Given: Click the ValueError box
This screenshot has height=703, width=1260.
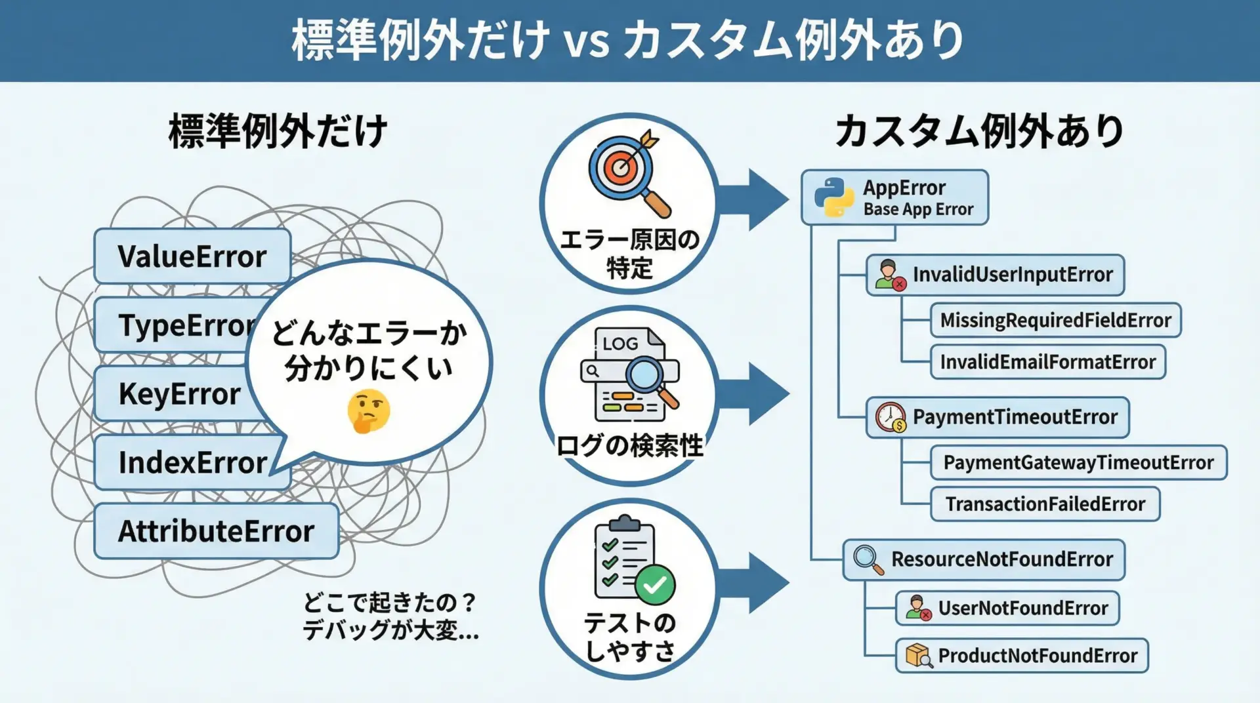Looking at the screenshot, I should tap(192, 256).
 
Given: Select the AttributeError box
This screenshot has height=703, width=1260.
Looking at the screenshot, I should tap(216, 531).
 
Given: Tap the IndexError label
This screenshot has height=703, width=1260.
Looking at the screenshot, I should tap(192, 462).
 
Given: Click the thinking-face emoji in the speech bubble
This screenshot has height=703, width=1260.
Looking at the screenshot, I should tap(369, 411).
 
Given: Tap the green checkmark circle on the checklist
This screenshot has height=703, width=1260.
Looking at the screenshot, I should tap(654, 584).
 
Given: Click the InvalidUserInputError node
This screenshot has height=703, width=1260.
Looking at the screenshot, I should tap(995, 275).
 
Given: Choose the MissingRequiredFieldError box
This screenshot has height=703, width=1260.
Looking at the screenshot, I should tap(1055, 320).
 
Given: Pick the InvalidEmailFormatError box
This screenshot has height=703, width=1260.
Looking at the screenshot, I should tap(1047, 362).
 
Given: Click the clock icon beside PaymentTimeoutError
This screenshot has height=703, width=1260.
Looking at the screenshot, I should tap(891, 417).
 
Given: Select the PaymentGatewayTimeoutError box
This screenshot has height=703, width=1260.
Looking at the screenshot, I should tap(1078, 462).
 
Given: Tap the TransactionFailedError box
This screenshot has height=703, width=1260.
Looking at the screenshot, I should tap(1045, 504).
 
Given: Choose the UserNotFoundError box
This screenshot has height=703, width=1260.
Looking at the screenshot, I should tap(1007, 608).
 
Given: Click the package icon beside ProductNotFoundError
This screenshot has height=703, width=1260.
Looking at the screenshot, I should tap(919, 655).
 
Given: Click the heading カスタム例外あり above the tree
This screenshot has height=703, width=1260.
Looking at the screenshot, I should tap(979, 131).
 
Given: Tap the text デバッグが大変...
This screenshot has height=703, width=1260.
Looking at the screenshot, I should tap(390, 630).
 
